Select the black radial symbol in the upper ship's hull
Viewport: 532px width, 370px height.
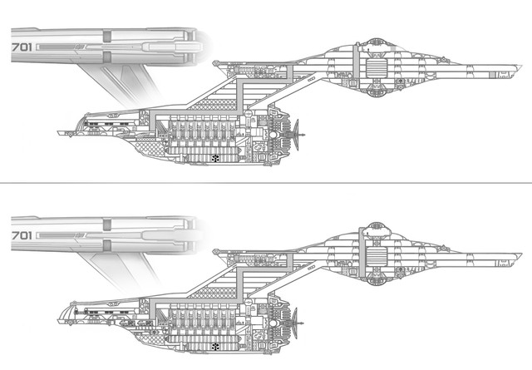(215, 156)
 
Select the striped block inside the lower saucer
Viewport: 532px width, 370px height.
(373, 250)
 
